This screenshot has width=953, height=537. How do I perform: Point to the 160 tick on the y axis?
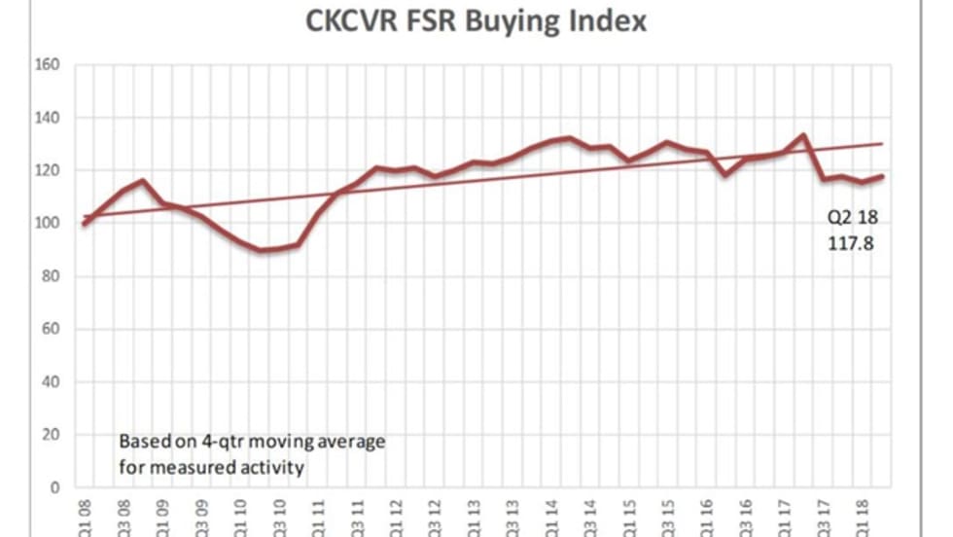point(49,65)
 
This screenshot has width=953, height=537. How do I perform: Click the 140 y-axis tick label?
point(49,118)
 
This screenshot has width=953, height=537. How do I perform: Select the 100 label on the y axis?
point(49,224)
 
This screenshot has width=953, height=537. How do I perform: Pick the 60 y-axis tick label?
point(53,329)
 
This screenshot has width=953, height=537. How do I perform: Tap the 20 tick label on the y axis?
point(53,435)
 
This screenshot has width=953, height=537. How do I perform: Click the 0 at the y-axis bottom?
point(56,487)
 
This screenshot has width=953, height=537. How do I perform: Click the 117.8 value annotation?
point(844,245)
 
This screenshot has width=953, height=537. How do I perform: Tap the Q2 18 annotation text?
point(844,218)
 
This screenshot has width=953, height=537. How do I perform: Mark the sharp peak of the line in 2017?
point(803,135)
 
